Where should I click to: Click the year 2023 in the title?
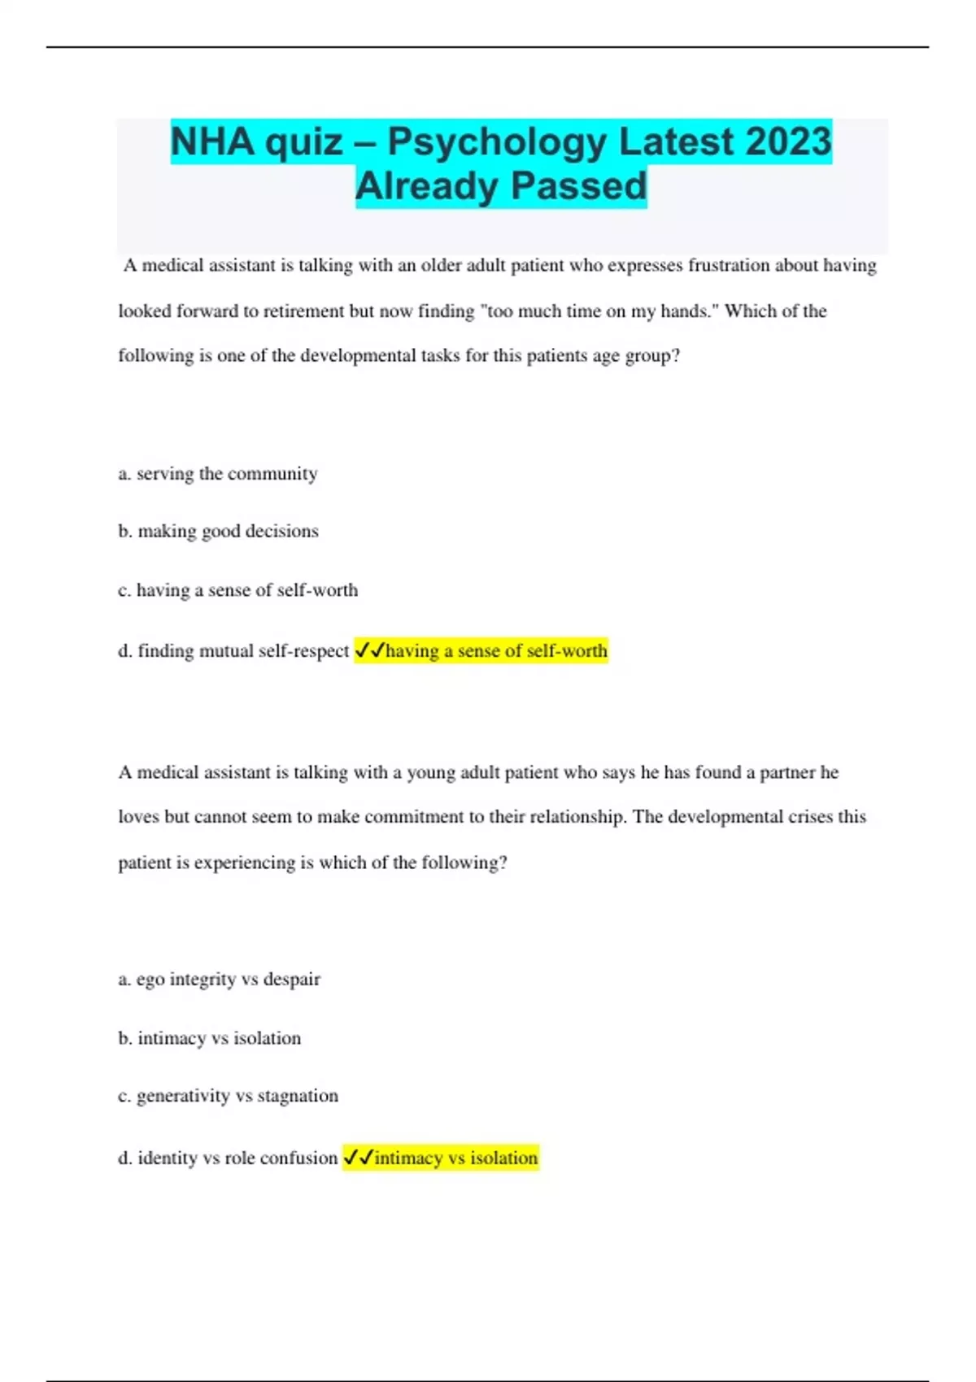[788, 141]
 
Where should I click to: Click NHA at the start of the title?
[212, 141]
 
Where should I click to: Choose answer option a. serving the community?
[218, 474]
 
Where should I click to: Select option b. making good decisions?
[218, 532]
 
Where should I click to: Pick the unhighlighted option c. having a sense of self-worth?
[237, 590]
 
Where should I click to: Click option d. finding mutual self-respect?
[233, 651]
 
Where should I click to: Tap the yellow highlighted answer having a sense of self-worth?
[496, 651]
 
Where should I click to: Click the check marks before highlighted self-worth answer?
[370, 650]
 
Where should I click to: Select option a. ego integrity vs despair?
[219, 980]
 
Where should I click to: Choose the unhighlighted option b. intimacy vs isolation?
[210, 1039]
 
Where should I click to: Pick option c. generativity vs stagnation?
[228, 1097]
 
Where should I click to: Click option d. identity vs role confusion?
[228, 1158]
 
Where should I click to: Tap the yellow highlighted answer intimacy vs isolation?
[455, 1158]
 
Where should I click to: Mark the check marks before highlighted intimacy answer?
[358, 1157]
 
